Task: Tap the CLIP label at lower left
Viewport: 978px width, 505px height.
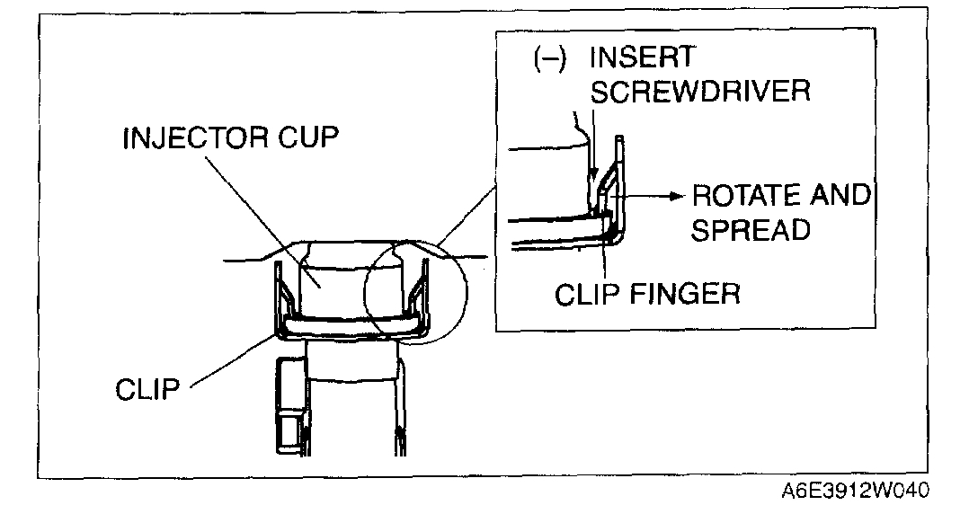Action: point(147,390)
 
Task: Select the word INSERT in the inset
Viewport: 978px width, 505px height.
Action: point(641,58)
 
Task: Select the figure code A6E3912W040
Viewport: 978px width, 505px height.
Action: point(855,491)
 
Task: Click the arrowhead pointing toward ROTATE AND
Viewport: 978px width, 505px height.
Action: point(672,193)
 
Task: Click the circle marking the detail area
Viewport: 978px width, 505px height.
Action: point(368,295)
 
